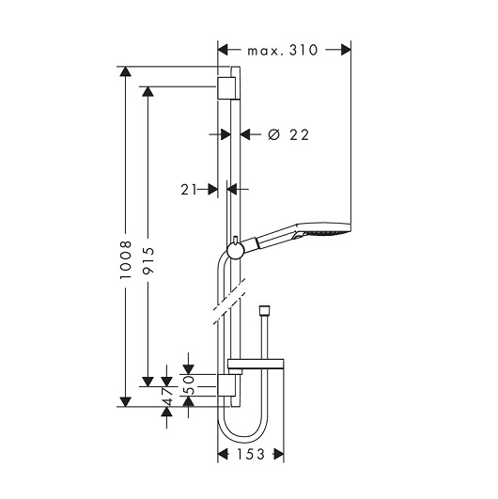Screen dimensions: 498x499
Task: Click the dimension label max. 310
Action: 283,50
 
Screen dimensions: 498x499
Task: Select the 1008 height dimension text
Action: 126,260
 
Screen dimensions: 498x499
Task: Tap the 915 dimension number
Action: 148,260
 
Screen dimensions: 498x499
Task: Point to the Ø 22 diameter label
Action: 288,135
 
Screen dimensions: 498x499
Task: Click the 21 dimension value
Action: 189,190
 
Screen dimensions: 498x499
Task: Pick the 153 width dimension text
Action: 251,454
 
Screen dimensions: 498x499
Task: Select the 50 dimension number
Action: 190,384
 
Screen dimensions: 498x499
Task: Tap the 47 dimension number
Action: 168,397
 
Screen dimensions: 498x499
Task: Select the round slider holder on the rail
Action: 236,251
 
